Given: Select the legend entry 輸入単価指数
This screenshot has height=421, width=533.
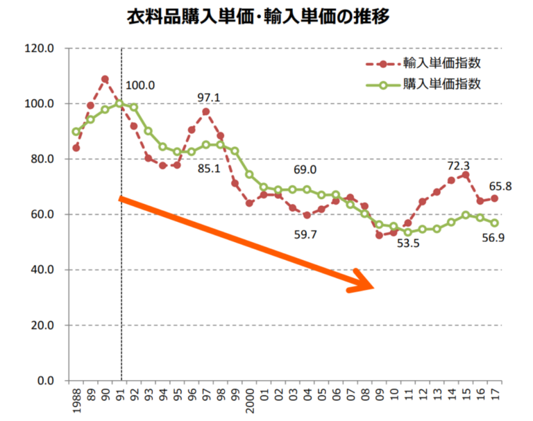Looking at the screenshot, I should click(442, 64).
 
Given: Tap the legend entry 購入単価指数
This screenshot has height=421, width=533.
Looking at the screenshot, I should click(442, 85).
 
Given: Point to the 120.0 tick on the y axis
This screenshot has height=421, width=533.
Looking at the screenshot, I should click(40, 49).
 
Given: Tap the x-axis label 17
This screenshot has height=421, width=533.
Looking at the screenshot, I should click(495, 397).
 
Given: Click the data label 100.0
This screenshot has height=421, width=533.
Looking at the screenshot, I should click(140, 86).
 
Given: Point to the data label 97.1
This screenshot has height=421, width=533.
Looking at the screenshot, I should click(208, 98).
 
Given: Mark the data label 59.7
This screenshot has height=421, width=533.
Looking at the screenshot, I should click(305, 235).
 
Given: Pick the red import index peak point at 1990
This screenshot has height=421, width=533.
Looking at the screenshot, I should click(105, 79).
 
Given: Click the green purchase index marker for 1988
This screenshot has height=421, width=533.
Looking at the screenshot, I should click(76, 132).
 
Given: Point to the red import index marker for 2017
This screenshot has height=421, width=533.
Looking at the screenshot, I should click(495, 198).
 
